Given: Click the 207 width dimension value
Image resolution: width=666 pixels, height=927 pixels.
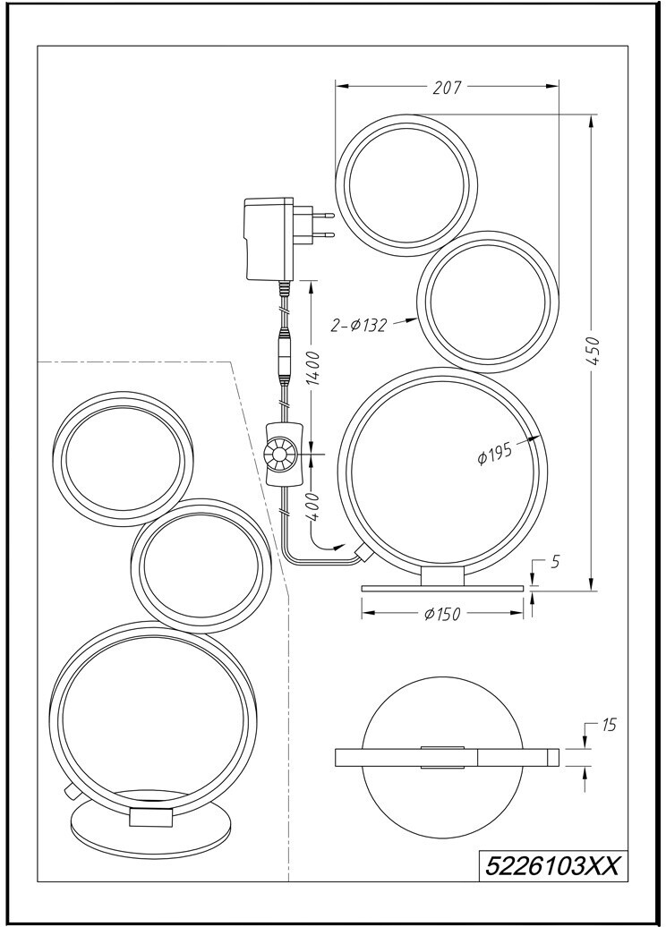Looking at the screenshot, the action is point(447,88).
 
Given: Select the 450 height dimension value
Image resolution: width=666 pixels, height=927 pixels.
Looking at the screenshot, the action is point(594,353).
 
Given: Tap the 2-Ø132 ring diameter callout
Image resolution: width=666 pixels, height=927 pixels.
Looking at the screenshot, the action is point(359,325).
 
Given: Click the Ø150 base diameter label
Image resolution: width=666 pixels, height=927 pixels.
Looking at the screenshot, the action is point(442,615).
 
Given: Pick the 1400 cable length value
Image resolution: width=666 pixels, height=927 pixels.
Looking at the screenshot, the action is point(313,367).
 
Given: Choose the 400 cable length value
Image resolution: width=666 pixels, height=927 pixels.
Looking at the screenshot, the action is point(312,506).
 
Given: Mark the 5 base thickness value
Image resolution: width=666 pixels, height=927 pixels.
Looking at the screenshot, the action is point(555,562).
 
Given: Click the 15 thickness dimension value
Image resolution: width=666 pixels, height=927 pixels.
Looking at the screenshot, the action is point(610,725).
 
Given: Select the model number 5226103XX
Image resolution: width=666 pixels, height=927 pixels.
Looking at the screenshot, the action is point(551,867).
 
